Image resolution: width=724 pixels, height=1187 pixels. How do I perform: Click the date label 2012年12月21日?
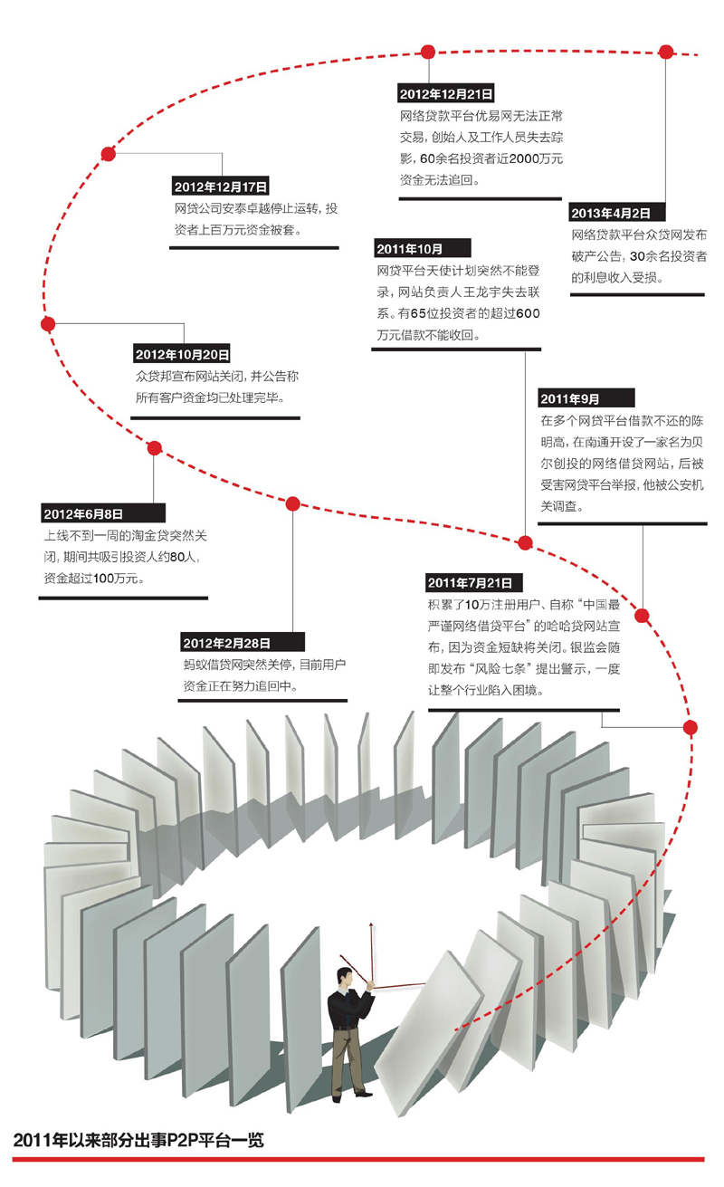click(x=446, y=94)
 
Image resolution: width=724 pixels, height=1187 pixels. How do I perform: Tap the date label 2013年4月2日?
click(x=611, y=213)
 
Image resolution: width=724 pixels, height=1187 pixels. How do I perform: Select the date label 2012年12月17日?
click(x=221, y=187)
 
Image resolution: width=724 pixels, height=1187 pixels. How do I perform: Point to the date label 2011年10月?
click(x=409, y=248)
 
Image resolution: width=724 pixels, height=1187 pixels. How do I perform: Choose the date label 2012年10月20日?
click(x=182, y=354)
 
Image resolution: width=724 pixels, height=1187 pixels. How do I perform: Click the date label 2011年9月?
click(x=570, y=398)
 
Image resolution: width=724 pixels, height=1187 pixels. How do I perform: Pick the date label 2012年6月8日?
click(x=83, y=513)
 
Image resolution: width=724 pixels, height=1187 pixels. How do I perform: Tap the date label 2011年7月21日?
click(x=470, y=583)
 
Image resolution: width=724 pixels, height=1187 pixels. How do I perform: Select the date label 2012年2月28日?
click(x=226, y=643)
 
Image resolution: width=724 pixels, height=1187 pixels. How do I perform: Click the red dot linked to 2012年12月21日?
click(x=428, y=52)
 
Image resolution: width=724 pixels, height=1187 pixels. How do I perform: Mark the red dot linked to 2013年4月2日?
click(x=666, y=52)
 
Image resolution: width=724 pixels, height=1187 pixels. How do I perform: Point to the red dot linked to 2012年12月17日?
click(x=108, y=154)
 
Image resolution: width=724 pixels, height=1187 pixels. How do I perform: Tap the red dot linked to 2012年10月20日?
click(x=48, y=324)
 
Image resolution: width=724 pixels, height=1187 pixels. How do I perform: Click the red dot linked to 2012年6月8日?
click(x=154, y=448)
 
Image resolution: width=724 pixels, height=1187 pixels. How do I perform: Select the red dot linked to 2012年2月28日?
click(x=293, y=504)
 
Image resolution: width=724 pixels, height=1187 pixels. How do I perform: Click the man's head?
click(x=345, y=976)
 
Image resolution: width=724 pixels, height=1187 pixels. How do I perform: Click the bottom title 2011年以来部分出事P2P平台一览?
click(x=138, y=1140)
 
